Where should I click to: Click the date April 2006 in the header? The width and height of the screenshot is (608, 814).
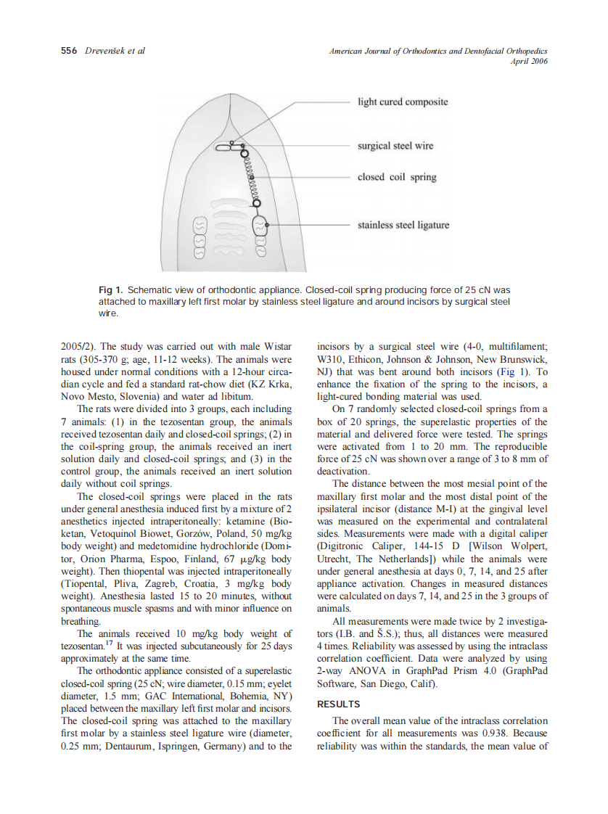pos(529,61)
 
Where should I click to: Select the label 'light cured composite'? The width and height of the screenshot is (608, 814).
pos(403,102)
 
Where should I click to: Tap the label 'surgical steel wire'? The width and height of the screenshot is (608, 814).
pos(395,146)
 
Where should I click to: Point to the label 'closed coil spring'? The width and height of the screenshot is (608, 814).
pos(397,177)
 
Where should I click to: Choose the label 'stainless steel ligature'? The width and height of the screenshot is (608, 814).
pos(403,225)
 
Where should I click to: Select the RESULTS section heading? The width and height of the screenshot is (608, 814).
pos(339,704)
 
